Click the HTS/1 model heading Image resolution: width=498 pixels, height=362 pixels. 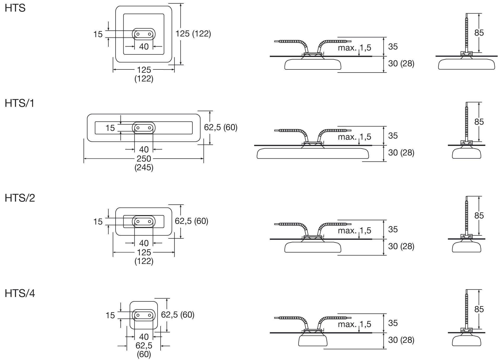(20, 104)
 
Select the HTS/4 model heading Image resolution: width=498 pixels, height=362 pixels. (20, 293)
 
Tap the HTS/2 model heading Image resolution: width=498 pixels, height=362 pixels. (20, 198)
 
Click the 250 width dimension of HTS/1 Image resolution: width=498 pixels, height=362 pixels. (144, 159)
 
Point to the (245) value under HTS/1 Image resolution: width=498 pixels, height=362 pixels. (144, 167)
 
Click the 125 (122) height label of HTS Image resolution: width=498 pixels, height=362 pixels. (193, 34)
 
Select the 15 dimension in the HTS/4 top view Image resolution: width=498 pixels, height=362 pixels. (110, 315)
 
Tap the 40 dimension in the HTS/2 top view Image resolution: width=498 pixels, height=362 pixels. (144, 243)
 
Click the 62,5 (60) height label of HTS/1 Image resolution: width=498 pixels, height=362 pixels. (221, 127)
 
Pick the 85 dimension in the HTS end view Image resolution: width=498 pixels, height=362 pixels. (479, 33)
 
